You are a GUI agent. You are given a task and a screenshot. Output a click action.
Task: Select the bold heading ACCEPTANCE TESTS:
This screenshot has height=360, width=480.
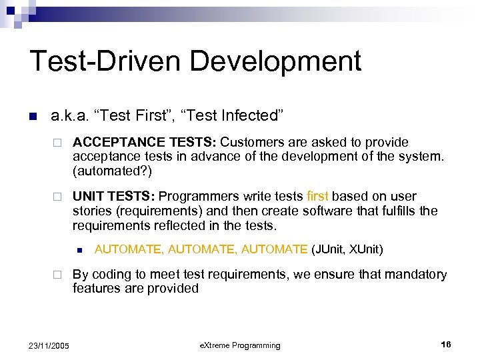click(x=145, y=142)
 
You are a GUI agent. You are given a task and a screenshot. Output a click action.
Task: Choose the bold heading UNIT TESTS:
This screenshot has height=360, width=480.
click(x=114, y=197)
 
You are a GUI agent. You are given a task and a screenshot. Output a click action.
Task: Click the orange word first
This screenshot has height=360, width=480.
click(x=317, y=197)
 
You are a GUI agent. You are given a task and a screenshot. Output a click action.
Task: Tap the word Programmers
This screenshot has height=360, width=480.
click(x=197, y=197)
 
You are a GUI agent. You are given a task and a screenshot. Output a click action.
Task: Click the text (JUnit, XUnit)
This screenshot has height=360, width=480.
click(x=347, y=249)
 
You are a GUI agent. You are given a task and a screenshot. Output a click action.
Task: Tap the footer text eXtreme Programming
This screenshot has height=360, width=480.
click(x=240, y=345)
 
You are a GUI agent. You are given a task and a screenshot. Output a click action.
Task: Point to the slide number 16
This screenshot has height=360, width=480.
click(x=446, y=344)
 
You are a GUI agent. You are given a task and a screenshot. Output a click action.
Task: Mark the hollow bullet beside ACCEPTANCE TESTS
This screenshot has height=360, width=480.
click(x=58, y=143)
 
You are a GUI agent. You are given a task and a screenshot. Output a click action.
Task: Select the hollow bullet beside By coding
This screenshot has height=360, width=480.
click(x=58, y=275)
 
